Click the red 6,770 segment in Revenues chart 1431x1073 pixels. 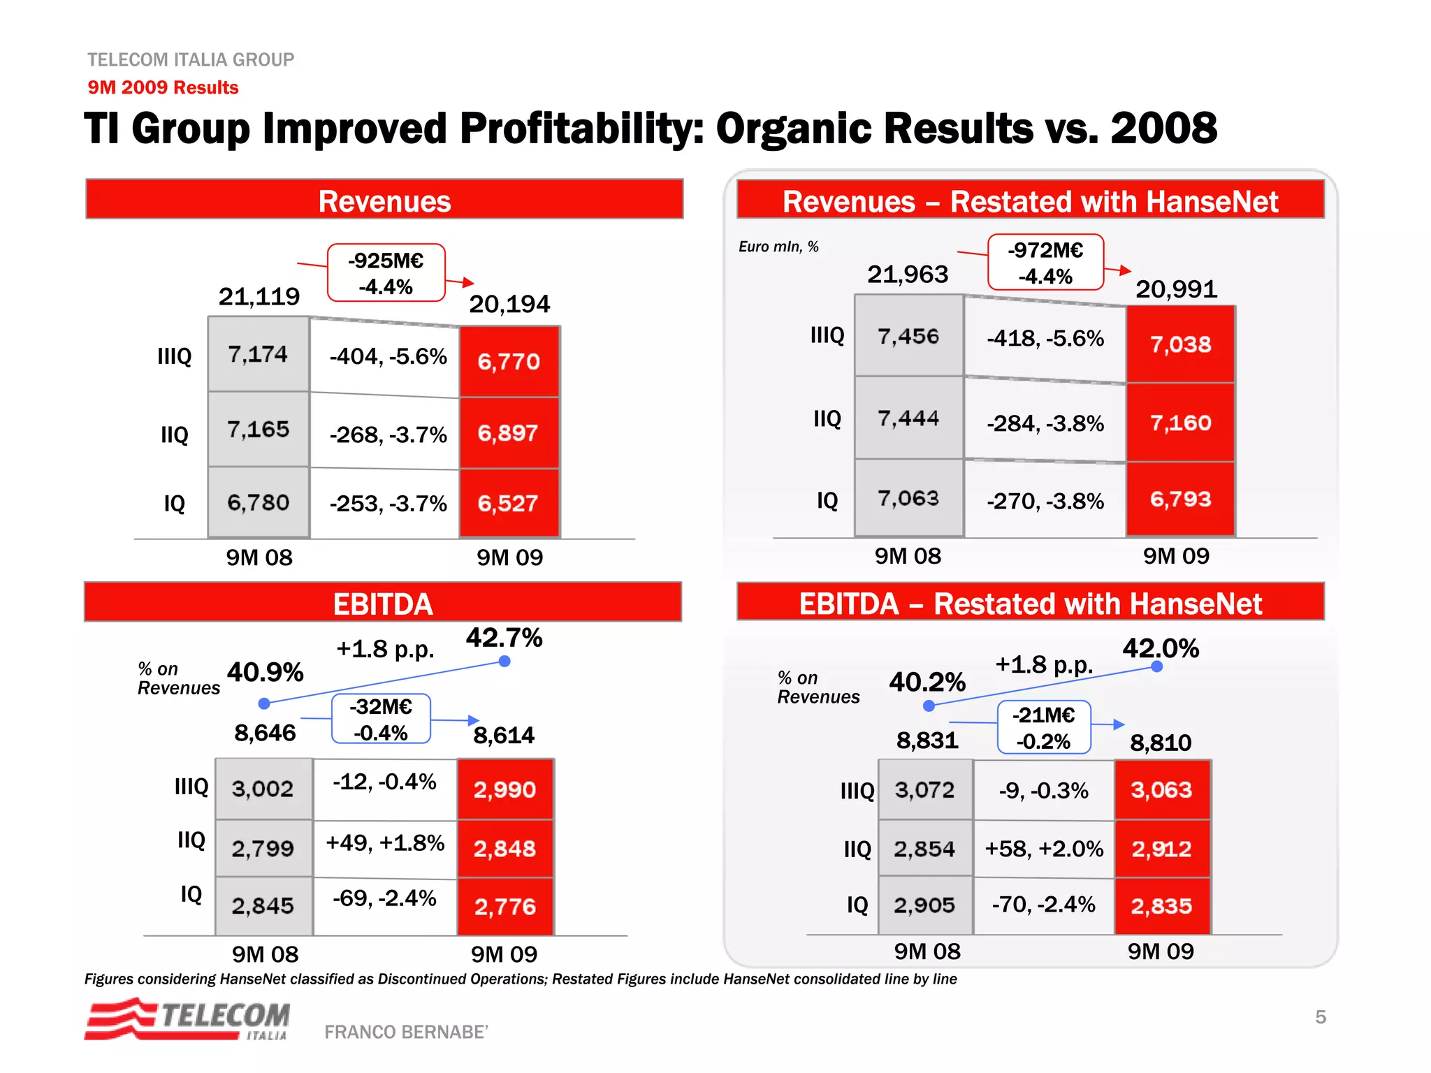509,362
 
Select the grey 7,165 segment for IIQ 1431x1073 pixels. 259,429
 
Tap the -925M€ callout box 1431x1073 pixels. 386,273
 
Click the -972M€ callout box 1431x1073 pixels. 1045,263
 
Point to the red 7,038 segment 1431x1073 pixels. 1180,344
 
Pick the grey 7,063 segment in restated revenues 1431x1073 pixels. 908,498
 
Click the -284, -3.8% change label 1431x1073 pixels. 1045,423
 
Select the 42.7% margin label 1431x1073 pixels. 504,638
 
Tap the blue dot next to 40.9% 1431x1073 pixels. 264,703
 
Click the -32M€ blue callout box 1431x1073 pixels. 381,719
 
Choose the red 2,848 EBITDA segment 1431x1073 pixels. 504,849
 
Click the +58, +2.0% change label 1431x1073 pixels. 1044,849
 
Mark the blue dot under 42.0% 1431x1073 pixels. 1156,666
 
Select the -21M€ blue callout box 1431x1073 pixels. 1044,727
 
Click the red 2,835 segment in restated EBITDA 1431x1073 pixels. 1161,906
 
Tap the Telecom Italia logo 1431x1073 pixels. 187,1020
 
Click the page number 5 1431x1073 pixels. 1320,1017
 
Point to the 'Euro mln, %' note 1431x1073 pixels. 778,247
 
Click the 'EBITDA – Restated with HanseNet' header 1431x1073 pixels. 1030,603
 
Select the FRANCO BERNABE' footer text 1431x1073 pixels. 406,1032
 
